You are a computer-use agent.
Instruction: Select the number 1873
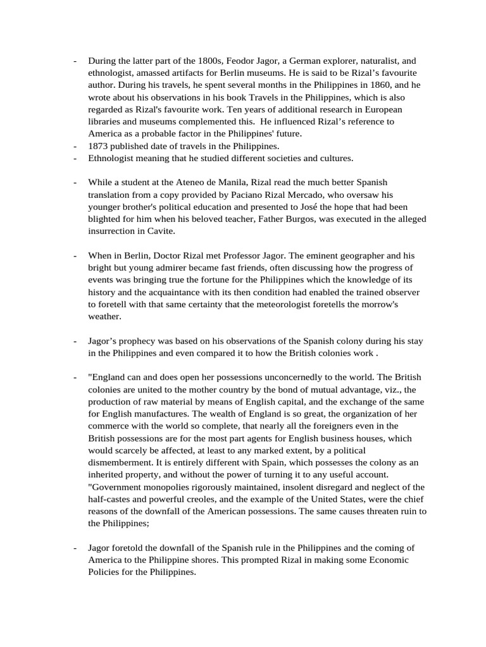coord(99,147)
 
